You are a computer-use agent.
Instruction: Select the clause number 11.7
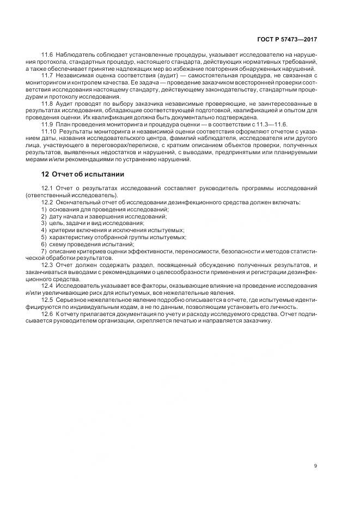47,76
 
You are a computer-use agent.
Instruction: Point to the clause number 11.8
47,103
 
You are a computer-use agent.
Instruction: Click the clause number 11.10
48,132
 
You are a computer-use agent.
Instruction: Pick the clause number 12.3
47,265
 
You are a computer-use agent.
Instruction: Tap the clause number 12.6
47,314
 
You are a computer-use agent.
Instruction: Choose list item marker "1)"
44,209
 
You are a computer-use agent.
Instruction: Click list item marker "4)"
44,230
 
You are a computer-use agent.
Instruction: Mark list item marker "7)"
44,251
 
